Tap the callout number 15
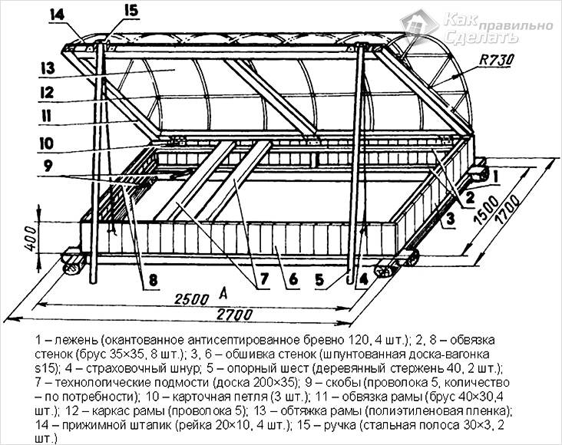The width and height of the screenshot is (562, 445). click(129, 12)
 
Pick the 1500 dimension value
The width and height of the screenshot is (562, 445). click(480, 213)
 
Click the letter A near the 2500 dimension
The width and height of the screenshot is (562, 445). click(222, 292)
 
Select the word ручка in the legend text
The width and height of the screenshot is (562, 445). click(398, 427)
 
